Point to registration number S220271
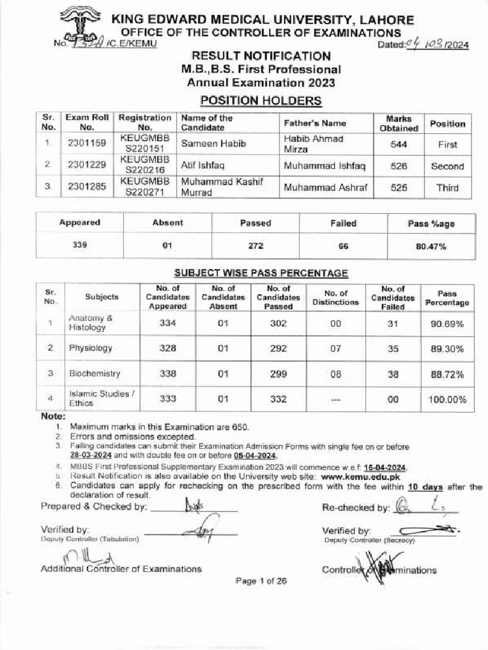[145, 193]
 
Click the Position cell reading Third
[447, 188]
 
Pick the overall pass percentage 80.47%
[431, 246]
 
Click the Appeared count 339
[79, 246]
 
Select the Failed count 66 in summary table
[343, 246]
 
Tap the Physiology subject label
[90, 348]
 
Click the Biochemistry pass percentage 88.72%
[447, 374]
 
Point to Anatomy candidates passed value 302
[278, 323]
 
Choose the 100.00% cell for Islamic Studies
[447, 399]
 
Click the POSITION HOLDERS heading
[261, 100]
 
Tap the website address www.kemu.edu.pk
[361, 477]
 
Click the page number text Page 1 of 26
[261, 580]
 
